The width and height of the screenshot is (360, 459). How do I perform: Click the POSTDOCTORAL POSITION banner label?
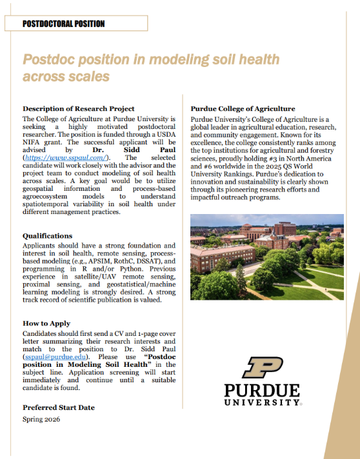click(x=63, y=24)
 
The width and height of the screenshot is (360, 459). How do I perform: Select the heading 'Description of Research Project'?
click(x=78, y=108)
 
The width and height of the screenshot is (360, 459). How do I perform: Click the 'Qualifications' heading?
click(x=47, y=236)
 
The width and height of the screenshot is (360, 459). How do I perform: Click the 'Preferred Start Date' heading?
click(x=58, y=407)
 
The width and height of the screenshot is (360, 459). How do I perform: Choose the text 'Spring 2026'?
click(x=41, y=420)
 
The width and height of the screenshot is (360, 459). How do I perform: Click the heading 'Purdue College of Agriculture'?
click(x=243, y=109)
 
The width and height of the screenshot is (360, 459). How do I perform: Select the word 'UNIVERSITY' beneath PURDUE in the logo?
click(x=262, y=402)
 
